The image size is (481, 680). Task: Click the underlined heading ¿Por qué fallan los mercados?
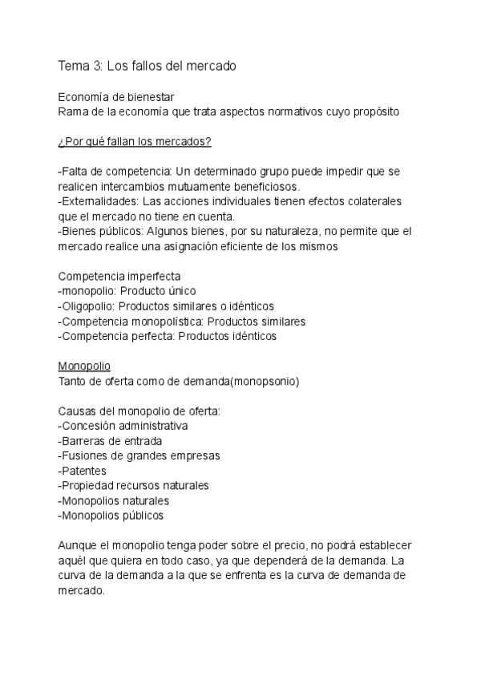point(135,142)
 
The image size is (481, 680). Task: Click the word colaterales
point(373,200)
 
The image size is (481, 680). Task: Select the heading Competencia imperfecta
point(119,276)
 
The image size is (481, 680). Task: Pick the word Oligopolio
point(87,306)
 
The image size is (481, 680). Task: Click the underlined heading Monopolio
point(84,366)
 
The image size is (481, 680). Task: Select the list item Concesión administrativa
point(123,426)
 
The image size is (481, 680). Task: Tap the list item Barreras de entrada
point(111,441)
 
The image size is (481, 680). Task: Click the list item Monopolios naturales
point(114,500)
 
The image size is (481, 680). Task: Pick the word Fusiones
point(87,455)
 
